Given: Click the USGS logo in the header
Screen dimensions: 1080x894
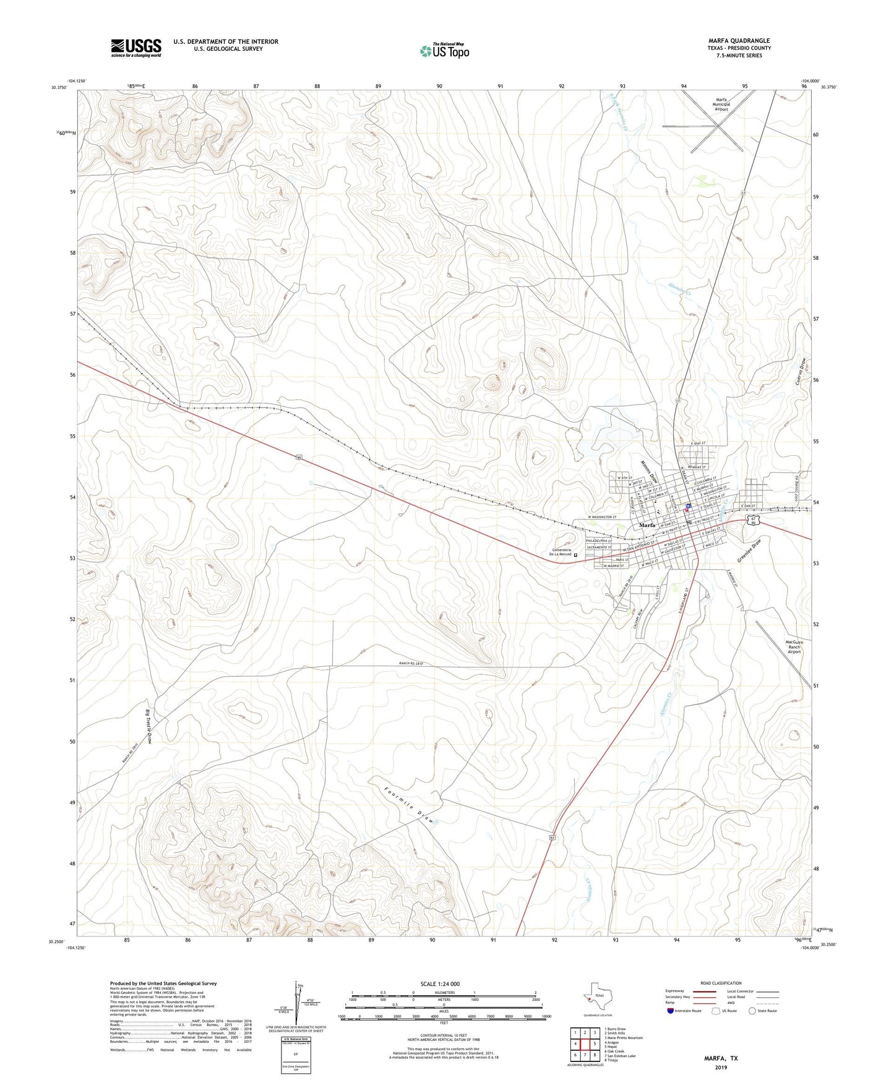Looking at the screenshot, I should pos(136,48).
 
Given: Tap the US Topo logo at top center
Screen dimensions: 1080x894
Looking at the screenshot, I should pos(444,51).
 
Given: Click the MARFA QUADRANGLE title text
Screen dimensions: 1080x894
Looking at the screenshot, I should pos(739,41).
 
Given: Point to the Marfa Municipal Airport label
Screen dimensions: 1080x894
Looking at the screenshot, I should pos(721,104).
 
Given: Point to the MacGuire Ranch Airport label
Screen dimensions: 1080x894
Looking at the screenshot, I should pos(794,646).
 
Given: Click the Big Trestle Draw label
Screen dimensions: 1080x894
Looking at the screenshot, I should pos(149,726).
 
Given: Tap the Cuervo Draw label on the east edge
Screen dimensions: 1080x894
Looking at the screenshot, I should pos(801,372).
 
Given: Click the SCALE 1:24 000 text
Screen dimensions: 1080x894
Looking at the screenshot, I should pos(440,984).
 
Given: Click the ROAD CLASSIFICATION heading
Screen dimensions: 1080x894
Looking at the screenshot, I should pos(721,983).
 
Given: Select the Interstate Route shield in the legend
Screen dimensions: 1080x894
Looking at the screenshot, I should pos(670,1011).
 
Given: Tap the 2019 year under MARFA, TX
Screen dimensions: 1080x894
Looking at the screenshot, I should pos(721,1068).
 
